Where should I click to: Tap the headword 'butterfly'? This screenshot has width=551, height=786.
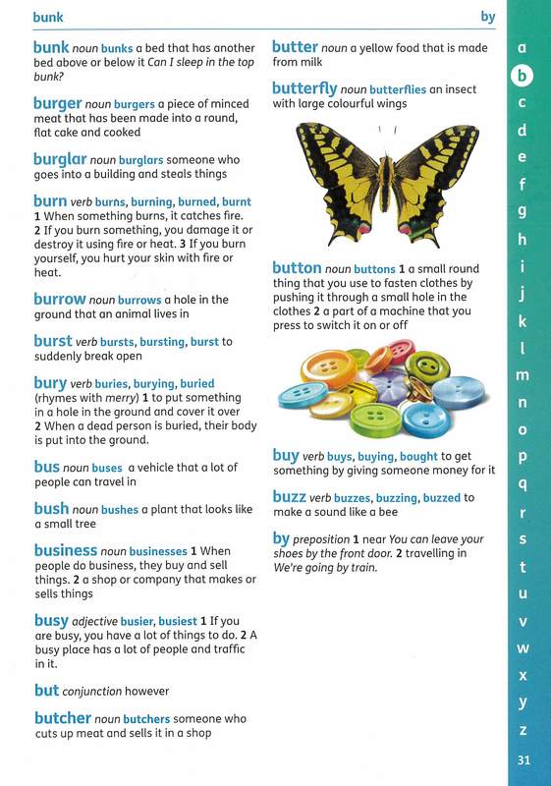click(304, 87)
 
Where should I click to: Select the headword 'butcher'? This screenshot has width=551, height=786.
click(63, 718)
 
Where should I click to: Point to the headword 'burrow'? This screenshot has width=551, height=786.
click(60, 298)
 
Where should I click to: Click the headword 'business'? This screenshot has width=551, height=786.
click(65, 551)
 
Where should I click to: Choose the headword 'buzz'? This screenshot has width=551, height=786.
click(289, 497)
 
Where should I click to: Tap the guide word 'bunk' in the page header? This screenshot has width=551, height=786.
click(49, 17)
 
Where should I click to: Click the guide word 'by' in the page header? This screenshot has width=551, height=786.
click(488, 17)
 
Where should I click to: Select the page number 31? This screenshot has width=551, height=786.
click(523, 760)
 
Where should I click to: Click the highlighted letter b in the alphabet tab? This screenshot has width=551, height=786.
click(523, 75)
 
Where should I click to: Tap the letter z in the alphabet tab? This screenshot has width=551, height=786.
click(523, 730)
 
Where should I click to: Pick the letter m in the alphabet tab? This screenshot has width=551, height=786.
click(523, 374)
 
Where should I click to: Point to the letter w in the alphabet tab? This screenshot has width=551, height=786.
click(523, 648)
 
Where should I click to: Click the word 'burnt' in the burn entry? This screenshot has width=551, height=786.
click(237, 200)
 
